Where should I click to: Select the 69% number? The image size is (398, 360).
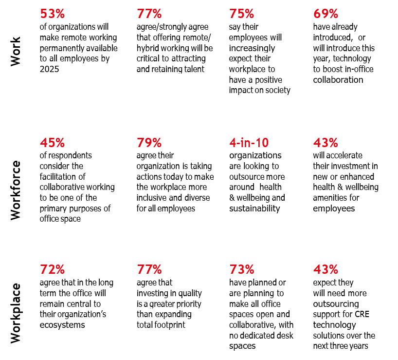coord(326,13)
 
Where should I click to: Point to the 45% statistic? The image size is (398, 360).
coord(52,143)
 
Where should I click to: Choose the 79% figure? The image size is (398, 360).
coord(149,143)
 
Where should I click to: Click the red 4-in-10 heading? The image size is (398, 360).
coord(249,143)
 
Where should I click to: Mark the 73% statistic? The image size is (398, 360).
coord(241,269)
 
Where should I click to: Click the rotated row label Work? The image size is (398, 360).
coord(16,51)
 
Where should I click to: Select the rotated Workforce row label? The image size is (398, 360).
coord(16,183)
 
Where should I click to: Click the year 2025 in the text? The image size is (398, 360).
coord(50,69)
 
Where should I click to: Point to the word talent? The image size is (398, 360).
coord(192,69)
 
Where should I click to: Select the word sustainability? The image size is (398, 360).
coord(254,208)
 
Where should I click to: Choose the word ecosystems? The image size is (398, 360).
coord(62,325)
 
